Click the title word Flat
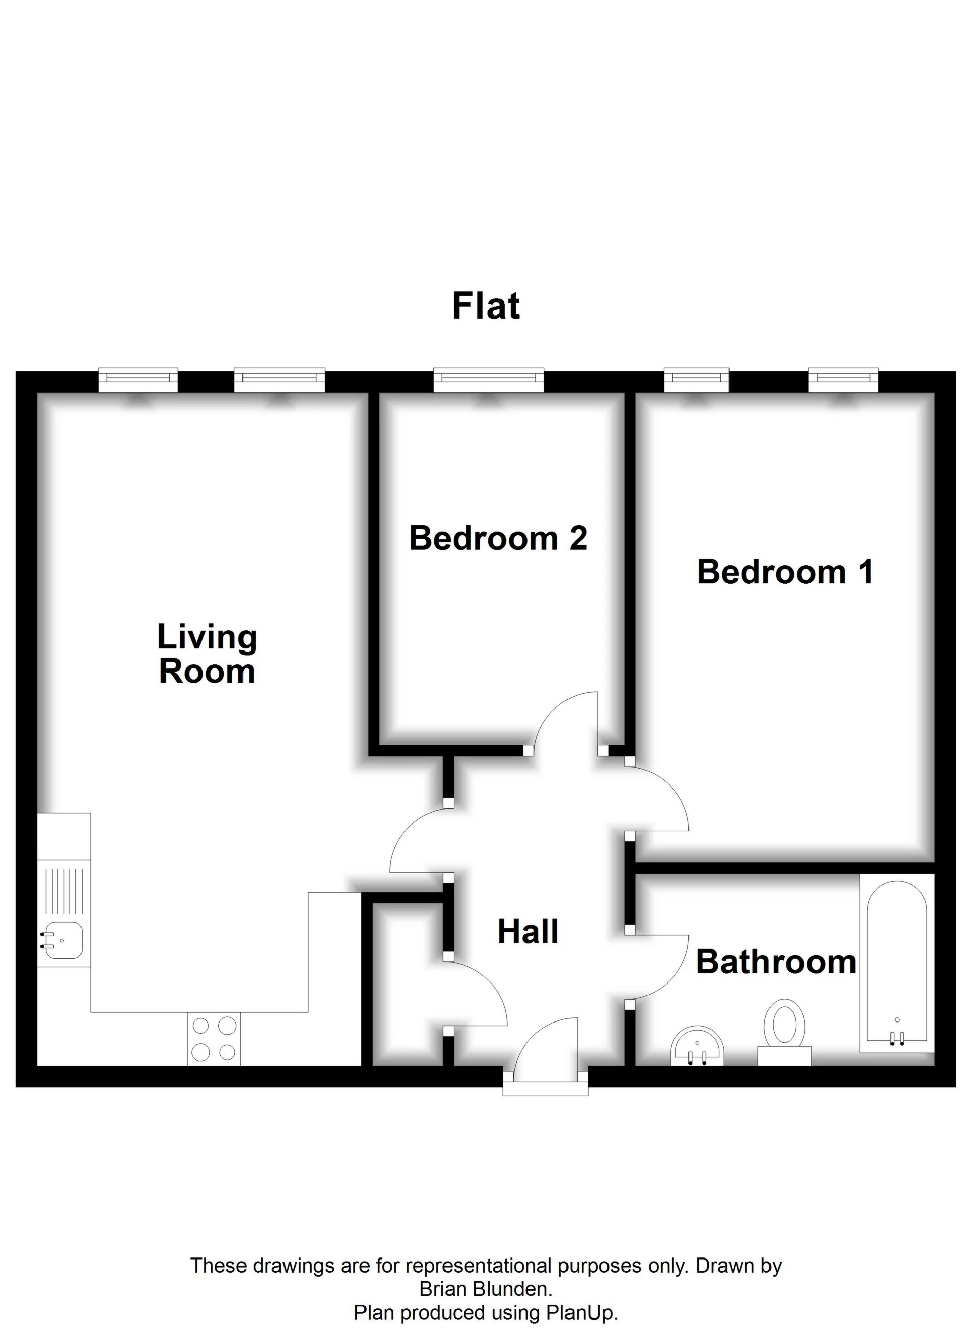[485, 306]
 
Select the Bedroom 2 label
[498, 538]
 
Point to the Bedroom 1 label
[785, 572]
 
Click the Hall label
[528, 932]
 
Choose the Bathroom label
[776, 962]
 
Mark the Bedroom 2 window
[488, 380]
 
